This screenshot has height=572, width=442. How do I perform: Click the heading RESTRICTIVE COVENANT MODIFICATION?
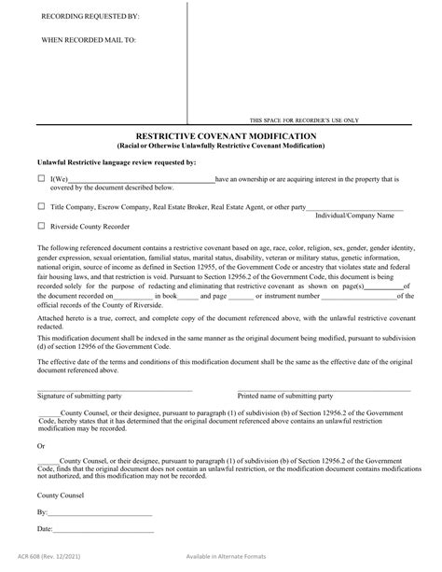tap(220, 135)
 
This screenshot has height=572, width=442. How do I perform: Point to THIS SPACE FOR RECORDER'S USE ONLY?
tap(305, 121)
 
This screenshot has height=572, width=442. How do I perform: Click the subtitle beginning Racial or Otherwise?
tap(220, 146)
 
